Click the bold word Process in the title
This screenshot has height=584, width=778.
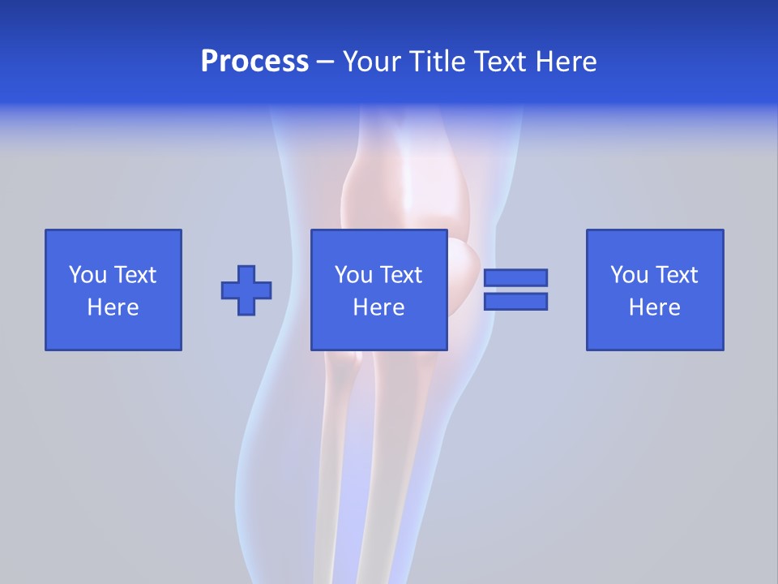(x=254, y=62)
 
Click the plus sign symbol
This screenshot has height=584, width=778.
(x=246, y=290)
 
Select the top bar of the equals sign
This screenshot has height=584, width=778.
(x=515, y=277)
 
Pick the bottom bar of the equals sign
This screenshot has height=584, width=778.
(x=515, y=301)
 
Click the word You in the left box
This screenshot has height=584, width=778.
(x=88, y=275)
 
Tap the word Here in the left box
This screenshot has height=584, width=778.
(x=113, y=307)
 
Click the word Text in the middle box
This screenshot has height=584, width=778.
(x=401, y=275)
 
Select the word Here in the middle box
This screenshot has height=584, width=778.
(x=378, y=307)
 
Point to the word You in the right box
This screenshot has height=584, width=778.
(x=629, y=275)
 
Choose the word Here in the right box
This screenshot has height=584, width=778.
(x=654, y=307)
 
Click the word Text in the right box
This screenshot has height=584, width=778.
(x=677, y=275)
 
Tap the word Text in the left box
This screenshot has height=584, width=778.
(x=135, y=275)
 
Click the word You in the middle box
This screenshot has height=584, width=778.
(x=353, y=275)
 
